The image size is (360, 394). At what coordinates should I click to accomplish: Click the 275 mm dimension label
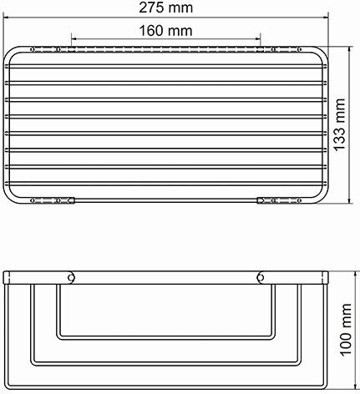pyautogui.click(x=165, y=8)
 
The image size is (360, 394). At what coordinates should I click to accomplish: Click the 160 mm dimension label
pyautogui.click(x=165, y=30)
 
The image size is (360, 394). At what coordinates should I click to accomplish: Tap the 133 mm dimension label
pyautogui.click(x=339, y=125)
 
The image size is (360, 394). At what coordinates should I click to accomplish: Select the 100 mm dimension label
pyautogui.click(x=346, y=329)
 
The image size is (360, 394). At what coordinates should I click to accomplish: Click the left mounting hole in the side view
pyautogui.click(x=72, y=278)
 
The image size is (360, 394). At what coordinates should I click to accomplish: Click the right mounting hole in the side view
pyautogui.click(x=261, y=278)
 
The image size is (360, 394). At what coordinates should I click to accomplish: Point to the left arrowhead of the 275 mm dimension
pyautogui.click(x=7, y=18)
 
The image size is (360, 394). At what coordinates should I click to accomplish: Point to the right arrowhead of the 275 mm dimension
pyautogui.click(x=325, y=18)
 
